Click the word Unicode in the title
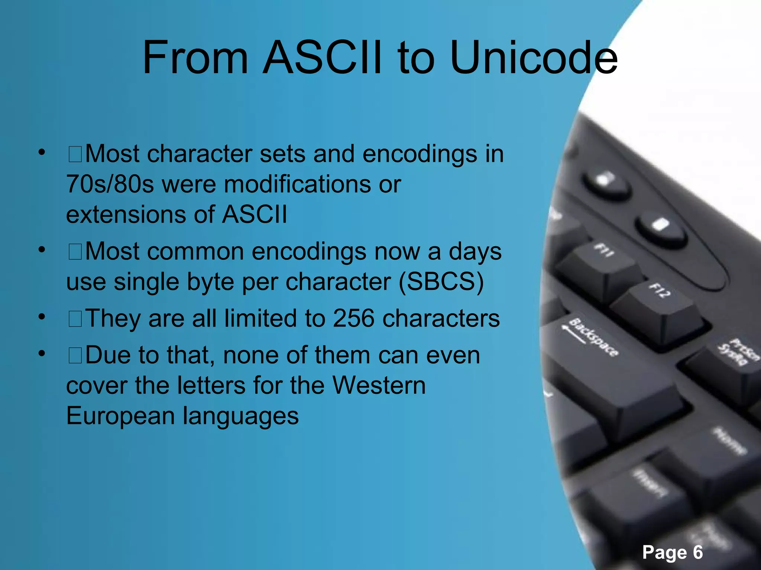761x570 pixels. click(x=534, y=58)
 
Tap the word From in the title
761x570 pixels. click(x=195, y=58)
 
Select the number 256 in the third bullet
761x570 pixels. click(x=353, y=318)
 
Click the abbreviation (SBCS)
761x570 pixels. click(x=441, y=282)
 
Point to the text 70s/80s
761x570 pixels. click(x=110, y=184)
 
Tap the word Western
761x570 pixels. click(x=379, y=385)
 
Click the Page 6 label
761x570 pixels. click(x=673, y=552)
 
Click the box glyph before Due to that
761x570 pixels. click(x=75, y=356)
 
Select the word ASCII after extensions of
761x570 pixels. click(x=255, y=214)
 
